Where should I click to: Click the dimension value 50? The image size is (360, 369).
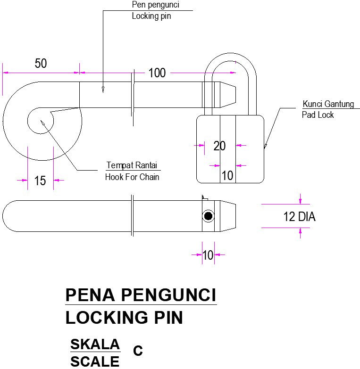pos(41,64)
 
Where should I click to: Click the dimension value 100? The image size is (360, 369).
pos(157,73)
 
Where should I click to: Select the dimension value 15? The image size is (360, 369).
pos(40,180)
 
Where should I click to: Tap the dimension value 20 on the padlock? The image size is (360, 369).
pos(219,146)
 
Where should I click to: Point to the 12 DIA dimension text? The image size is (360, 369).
pos(299,217)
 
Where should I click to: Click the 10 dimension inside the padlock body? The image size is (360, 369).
pos(227,175)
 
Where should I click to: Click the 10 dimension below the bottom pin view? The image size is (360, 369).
pos(208,255)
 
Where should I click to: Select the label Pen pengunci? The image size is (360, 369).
pos(155,5)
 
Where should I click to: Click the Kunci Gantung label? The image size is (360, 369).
pos(328,104)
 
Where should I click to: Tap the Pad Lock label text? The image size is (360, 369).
pos(318,115)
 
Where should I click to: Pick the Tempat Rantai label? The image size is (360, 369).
pos(133,165)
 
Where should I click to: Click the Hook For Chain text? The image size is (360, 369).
pos(132,177)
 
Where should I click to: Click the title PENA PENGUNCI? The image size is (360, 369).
pos(141,295)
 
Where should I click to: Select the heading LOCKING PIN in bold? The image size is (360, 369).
pos(124,318)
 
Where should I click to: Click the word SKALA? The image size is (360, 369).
pos(95,344)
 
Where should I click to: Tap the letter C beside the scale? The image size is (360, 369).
pos(138,351)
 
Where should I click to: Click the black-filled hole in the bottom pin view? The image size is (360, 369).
pos(208,216)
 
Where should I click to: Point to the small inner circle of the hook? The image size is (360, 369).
pos(41,120)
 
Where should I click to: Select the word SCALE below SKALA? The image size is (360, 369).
pos(95,361)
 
